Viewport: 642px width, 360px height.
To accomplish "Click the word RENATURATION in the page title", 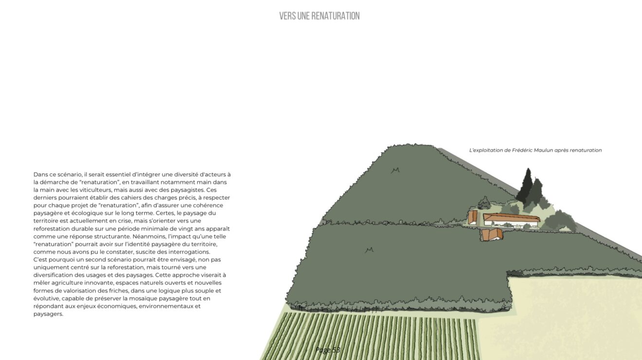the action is (x=335, y=16).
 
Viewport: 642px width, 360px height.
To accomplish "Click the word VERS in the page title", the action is (x=287, y=16).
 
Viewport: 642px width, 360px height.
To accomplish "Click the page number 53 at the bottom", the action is (x=336, y=350).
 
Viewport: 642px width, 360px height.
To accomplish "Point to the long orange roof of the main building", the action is (x=512, y=217).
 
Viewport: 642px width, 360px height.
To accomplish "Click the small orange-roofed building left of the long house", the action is (x=473, y=217).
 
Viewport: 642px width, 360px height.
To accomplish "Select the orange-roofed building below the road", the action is (x=492, y=234).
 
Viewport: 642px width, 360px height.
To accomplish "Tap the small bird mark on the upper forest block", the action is (x=395, y=171).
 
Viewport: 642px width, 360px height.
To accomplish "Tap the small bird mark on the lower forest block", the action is (x=369, y=250).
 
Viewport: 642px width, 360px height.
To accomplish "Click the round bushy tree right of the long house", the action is (x=560, y=221).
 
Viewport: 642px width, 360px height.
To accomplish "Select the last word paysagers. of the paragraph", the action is (x=48, y=314).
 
